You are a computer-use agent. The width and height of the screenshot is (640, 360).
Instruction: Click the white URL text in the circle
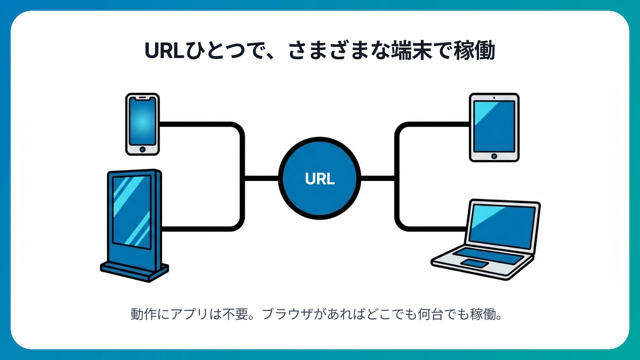click(x=320, y=179)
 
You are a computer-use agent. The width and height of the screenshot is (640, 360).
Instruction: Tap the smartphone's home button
click(x=142, y=149)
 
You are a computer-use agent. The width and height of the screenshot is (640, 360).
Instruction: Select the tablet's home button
click(x=494, y=156)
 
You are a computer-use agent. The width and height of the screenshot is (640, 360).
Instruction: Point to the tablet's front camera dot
click(x=494, y=98)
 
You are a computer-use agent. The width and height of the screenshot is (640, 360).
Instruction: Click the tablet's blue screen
click(x=494, y=127)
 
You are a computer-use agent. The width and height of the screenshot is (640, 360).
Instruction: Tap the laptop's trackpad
click(x=474, y=263)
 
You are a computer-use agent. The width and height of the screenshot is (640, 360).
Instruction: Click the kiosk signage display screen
click(x=132, y=212)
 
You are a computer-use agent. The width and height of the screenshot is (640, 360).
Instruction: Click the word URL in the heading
click(x=164, y=51)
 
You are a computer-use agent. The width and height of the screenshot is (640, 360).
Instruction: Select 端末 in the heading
click(x=412, y=51)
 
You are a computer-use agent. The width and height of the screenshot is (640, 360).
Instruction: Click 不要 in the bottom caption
click(x=235, y=314)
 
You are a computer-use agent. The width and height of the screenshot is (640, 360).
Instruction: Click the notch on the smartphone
click(x=142, y=98)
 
